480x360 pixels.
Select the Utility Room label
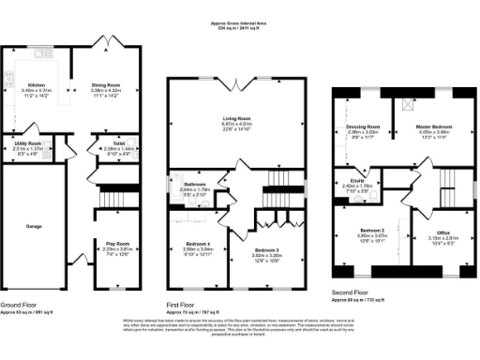pyautogui.click(x=27, y=143)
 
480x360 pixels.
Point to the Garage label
pyautogui.click(x=34, y=226)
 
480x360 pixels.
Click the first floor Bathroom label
pyautogui.click(x=194, y=184)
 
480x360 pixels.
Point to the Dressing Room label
pyautogui.click(x=361, y=126)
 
